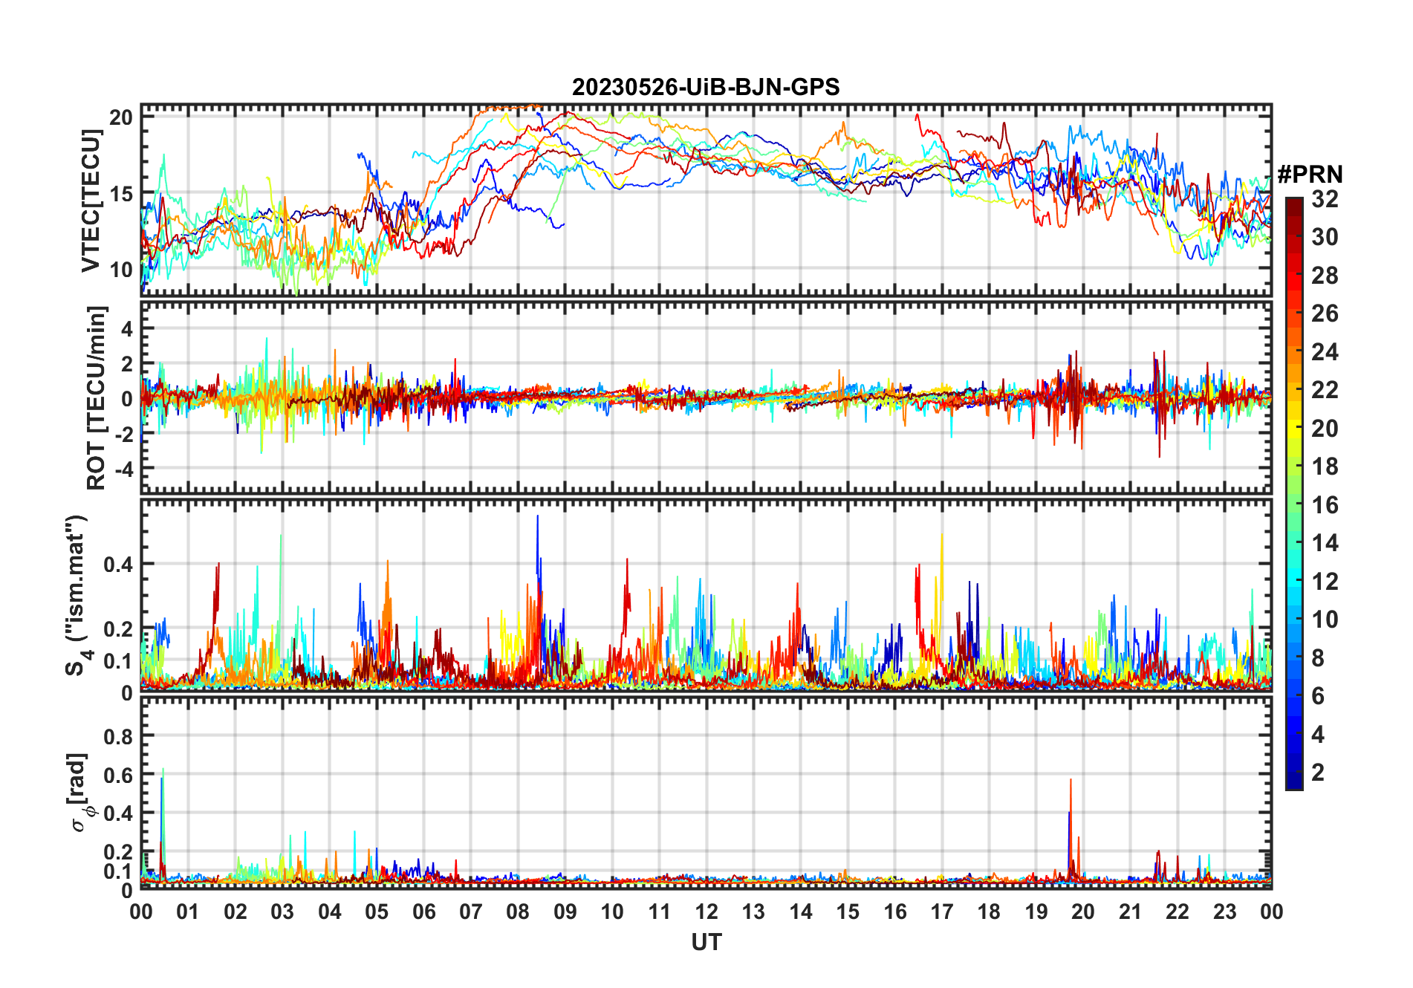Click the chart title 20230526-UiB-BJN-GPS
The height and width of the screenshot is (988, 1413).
(x=706, y=88)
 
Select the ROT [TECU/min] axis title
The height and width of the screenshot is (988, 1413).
(x=97, y=397)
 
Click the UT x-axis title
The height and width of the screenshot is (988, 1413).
(x=706, y=942)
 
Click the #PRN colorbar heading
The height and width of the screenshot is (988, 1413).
(x=1310, y=175)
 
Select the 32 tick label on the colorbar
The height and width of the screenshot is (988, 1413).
(x=1325, y=199)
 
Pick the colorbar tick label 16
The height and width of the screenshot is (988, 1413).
(x=1325, y=505)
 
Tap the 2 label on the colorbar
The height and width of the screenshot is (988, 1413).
(x=1318, y=773)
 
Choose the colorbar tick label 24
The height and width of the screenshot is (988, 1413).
(x=1325, y=352)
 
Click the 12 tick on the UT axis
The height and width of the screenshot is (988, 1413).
(x=706, y=911)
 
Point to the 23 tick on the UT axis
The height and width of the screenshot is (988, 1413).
(x=1224, y=911)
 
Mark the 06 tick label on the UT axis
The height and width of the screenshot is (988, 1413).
(x=423, y=911)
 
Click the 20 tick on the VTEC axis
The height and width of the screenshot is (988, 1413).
(x=121, y=117)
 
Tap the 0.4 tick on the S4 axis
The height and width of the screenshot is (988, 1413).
(x=118, y=565)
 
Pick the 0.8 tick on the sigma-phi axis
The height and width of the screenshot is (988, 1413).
(x=118, y=737)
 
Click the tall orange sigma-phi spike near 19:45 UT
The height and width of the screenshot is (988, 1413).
(x=1071, y=781)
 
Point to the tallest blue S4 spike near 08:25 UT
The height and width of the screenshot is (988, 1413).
(x=538, y=519)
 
